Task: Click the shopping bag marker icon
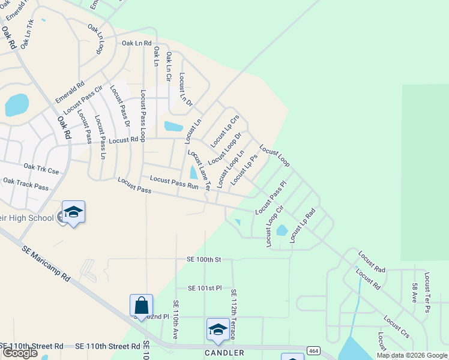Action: point(141,306)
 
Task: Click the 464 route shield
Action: point(313,350)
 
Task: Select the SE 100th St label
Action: point(204,259)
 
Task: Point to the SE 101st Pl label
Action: point(205,288)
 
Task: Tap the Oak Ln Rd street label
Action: point(137,43)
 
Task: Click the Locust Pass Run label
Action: point(174,182)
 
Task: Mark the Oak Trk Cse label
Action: point(41,169)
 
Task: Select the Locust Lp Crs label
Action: point(225,131)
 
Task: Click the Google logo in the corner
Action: point(20,353)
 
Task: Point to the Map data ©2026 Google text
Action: point(412,355)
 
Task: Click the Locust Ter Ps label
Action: point(427,292)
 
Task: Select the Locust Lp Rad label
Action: point(303,226)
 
